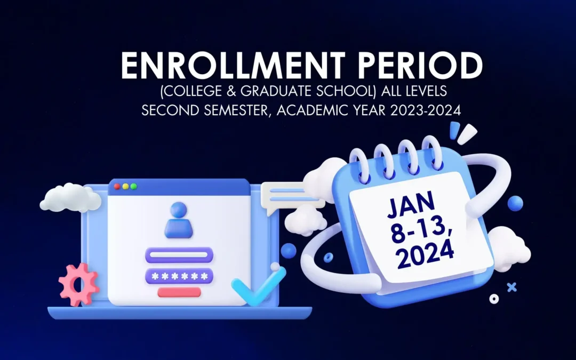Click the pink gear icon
78,284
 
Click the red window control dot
117,187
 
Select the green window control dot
133,187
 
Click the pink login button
179,292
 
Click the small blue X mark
512,287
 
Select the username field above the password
179,254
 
